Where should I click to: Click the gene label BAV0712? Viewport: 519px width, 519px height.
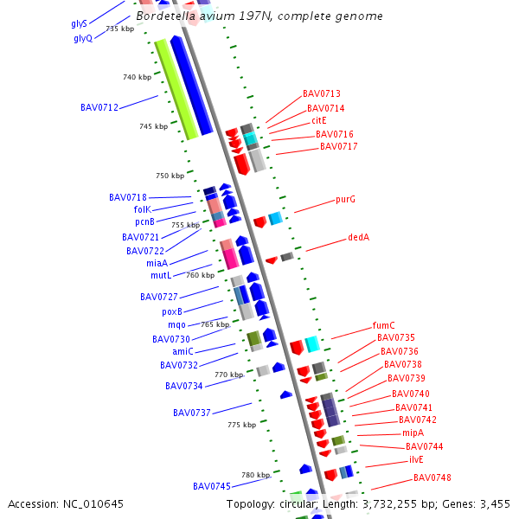(99, 108)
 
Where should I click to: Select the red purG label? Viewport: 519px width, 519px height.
(345, 200)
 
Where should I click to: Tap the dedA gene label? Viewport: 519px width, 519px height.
(358, 237)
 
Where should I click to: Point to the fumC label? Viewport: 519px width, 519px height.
(383, 326)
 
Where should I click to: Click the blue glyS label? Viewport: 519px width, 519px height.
(79, 24)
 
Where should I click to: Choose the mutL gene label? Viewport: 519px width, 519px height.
(161, 276)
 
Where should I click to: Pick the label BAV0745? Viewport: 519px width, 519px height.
(211, 486)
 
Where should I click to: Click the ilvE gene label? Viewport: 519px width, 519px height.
(416, 460)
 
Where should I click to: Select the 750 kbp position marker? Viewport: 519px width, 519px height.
(170, 176)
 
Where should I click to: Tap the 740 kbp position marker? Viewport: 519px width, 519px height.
(137, 78)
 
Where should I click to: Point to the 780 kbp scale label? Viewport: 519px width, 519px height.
(256, 476)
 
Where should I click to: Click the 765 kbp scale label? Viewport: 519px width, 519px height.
(215, 324)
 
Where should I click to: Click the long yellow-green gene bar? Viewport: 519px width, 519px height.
(176, 89)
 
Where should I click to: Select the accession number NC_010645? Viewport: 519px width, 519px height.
(94, 503)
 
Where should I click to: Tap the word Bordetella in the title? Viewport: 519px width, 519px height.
(164, 16)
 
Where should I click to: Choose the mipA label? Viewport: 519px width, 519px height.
(413, 432)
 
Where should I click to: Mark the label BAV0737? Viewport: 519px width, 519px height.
(191, 413)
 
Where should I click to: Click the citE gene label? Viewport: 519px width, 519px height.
(318, 121)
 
